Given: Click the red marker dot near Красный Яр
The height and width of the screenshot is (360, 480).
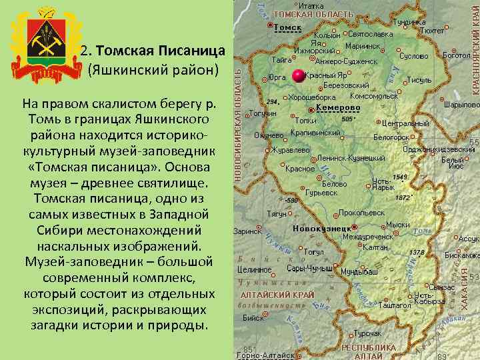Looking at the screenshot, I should [298, 75].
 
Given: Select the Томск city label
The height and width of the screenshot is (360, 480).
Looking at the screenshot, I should [287, 27].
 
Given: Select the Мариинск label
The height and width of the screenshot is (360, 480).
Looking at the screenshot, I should [363, 47].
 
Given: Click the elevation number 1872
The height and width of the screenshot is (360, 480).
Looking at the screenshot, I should [402, 197].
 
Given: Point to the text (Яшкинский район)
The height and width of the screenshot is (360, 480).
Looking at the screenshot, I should [153, 69].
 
